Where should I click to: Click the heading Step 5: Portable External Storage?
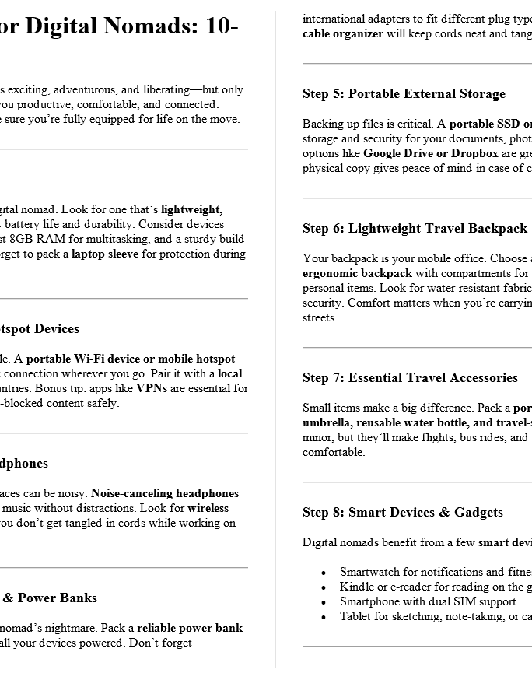coord(404,94)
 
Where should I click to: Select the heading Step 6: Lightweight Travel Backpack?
coord(415,229)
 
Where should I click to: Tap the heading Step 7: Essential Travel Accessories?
coord(410,378)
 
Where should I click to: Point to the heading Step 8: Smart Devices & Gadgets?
coord(402,513)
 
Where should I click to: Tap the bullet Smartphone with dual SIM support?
coord(428,601)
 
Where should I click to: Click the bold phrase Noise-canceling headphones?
coord(165,493)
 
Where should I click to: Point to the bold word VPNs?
coord(151,388)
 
